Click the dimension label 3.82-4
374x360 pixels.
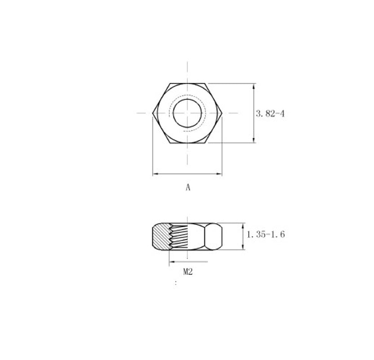coord(270,114)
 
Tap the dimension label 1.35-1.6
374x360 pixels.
coord(266,234)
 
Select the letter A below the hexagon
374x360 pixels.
coord(188,187)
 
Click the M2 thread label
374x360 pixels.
coord(188,271)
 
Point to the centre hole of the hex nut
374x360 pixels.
coord(187,113)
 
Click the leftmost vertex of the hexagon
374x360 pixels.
coord(153,113)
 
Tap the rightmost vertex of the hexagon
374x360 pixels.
coord(223,113)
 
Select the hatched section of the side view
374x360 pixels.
coord(161,236)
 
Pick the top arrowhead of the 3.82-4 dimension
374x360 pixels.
coord(254,86)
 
